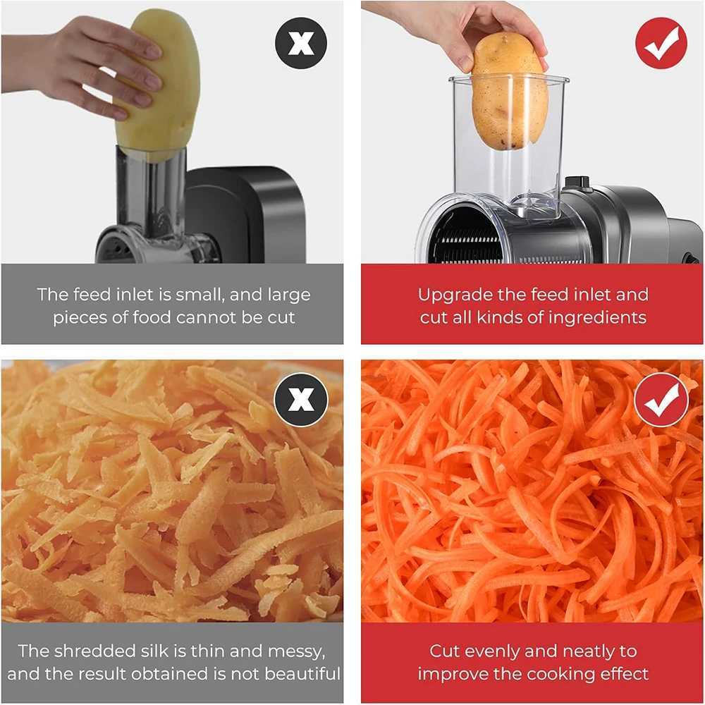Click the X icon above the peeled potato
tap(301, 44)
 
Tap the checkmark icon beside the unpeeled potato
tap(661, 43)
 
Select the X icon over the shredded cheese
tap(301, 399)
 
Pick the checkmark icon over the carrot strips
tap(661, 400)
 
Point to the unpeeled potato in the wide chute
tap(509, 92)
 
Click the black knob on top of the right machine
tap(577, 183)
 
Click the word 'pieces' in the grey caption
tap(77, 317)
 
